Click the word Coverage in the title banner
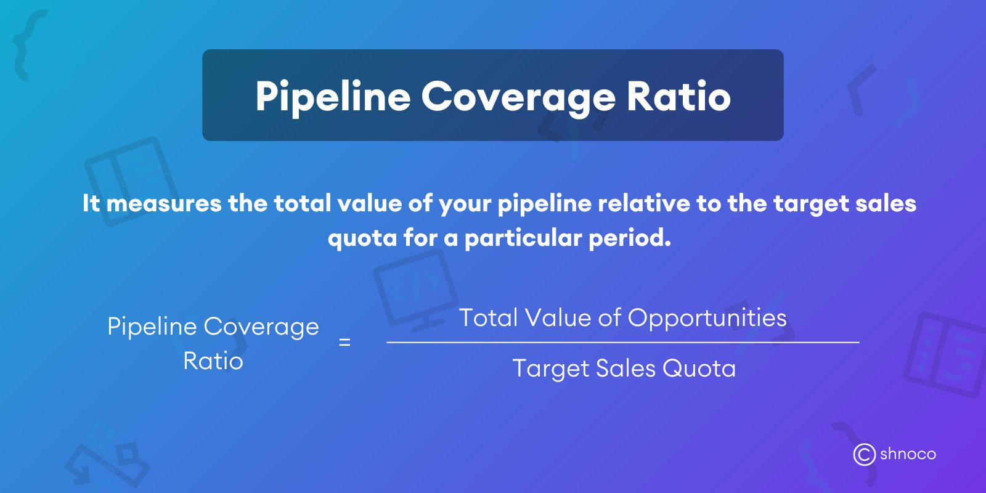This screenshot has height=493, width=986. pyautogui.click(x=518, y=97)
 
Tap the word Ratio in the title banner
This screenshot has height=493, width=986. pyautogui.click(x=678, y=97)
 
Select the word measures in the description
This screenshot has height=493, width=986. pyautogui.click(x=164, y=203)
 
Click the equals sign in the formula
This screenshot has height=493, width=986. pyautogui.click(x=344, y=342)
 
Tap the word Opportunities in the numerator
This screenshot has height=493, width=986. pyautogui.click(x=707, y=318)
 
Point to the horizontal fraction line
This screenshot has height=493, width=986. pyautogui.click(x=622, y=342)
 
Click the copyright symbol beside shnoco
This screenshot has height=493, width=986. pyautogui.click(x=864, y=454)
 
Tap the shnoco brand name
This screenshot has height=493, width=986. pyautogui.click(x=908, y=454)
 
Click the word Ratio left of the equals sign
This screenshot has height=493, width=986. pyautogui.click(x=213, y=361)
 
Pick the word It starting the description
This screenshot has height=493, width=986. pyautogui.click(x=91, y=203)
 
